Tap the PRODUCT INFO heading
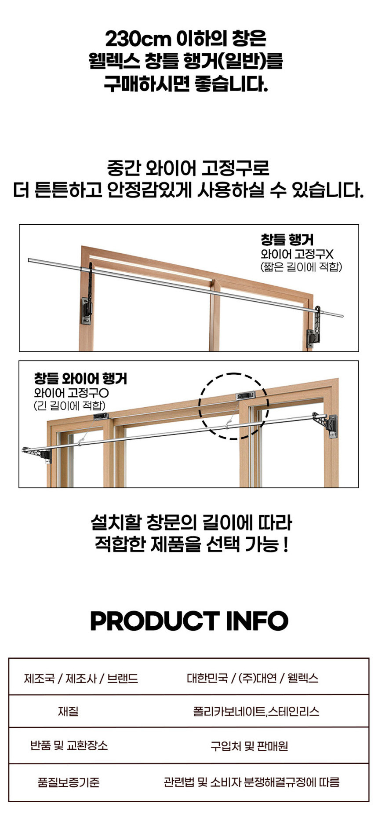click(x=189, y=621)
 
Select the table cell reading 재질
click(x=68, y=711)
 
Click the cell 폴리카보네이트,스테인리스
click(x=256, y=711)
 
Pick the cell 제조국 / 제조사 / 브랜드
click(x=81, y=678)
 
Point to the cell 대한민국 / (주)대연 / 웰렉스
click(x=252, y=678)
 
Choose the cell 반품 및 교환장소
click(x=69, y=745)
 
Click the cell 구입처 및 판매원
click(x=249, y=746)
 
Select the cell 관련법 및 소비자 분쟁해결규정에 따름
click(x=251, y=782)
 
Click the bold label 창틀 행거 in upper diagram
click(x=287, y=239)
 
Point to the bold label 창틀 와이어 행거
click(x=80, y=379)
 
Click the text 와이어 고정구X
click(x=297, y=254)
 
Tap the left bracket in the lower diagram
click(x=37, y=453)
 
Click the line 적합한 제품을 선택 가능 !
click(x=192, y=544)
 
